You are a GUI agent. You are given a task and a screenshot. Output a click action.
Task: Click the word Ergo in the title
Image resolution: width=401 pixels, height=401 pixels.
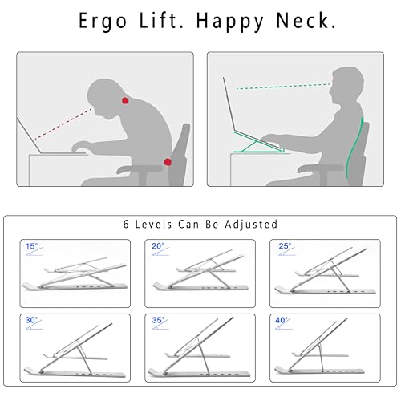click(x=103, y=22)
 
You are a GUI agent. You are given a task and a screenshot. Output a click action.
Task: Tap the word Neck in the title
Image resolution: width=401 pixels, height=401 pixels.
click(x=306, y=21)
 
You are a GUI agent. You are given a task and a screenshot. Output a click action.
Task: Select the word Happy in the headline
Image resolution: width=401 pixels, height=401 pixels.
click(x=230, y=22)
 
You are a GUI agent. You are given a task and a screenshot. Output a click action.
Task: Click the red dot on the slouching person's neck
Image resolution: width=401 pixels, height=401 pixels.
click(x=125, y=101)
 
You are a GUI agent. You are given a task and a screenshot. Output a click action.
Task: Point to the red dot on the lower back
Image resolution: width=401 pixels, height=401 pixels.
click(x=168, y=162)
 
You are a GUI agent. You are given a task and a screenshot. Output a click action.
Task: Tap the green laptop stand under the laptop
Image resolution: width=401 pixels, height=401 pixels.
click(x=258, y=143)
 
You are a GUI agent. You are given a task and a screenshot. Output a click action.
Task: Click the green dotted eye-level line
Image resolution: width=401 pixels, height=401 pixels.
click(x=283, y=87)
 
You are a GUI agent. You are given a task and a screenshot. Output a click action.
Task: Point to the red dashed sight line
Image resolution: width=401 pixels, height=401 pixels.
click(x=63, y=124)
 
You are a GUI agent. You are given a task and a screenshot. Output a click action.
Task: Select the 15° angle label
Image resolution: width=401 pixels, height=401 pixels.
click(x=31, y=246)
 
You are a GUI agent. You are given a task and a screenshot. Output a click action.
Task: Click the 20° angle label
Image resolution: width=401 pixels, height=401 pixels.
click(x=158, y=246)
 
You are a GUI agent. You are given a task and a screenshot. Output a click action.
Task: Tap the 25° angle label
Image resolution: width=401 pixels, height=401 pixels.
click(x=285, y=246)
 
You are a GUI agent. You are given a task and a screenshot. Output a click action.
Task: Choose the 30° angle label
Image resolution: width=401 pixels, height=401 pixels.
click(x=31, y=320)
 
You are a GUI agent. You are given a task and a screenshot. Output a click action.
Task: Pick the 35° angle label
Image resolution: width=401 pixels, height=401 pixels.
click(x=158, y=320)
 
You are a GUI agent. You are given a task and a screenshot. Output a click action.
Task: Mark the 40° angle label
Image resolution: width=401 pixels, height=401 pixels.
click(x=282, y=320)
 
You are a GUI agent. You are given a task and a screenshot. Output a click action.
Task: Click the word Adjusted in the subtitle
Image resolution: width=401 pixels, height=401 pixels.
click(x=251, y=225)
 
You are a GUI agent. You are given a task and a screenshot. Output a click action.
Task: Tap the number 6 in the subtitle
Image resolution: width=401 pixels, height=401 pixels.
click(x=126, y=225)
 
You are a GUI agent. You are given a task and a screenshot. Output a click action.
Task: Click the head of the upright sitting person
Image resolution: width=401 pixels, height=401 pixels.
click(x=346, y=85)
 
